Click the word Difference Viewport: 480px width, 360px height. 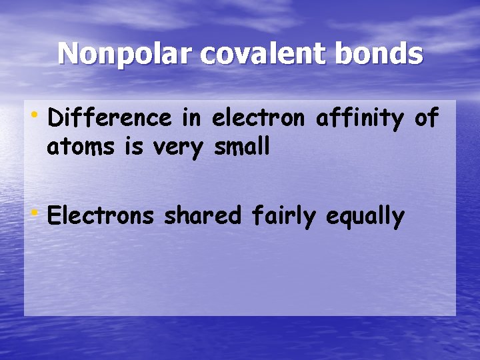coord(110,119)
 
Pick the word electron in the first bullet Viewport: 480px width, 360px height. coord(258,119)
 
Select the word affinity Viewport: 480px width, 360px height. coord(359,119)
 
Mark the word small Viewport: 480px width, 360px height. coord(241,146)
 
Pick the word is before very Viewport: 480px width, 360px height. coord(135,146)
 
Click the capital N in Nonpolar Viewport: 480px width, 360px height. coord(68,53)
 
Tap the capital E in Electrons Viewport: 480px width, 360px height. coord(54,216)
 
